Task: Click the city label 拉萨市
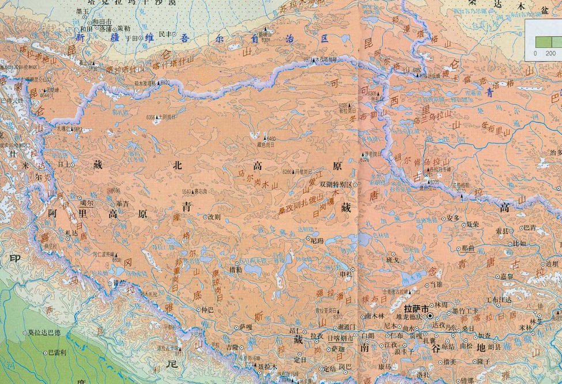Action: click(417, 308)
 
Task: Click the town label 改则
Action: click(214, 217)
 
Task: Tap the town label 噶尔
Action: click(86, 203)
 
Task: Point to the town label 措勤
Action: click(236, 269)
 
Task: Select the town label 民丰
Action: click(165, 34)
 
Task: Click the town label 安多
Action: click(453, 218)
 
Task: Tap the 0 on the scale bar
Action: click(535, 53)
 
